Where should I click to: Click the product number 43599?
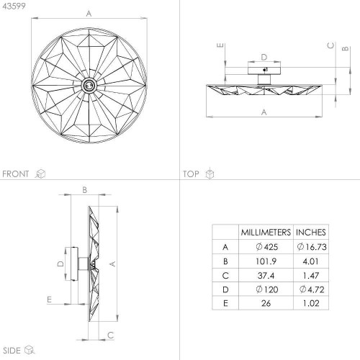pos(14,6)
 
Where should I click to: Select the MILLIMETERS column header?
pos(266,232)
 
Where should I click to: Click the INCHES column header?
pos(311,232)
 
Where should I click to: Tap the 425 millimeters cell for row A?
pos(267,247)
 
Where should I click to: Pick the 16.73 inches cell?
pos(312,247)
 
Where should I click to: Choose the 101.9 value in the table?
pos(266,261)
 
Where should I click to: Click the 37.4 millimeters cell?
pos(266,275)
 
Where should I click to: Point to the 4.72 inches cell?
pos(312,289)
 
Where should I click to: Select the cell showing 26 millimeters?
pos(266,303)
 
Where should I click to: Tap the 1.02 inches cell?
pos(311,303)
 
